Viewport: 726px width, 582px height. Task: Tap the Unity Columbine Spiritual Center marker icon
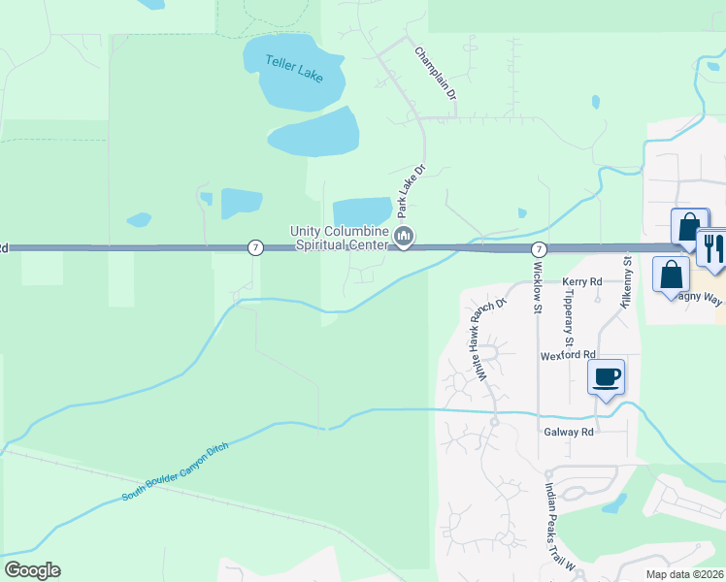(x=405, y=236)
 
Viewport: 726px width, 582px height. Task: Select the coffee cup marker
(x=607, y=376)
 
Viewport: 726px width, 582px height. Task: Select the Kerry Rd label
(x=582, y=281)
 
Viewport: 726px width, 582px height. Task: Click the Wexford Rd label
(x=568, y=356)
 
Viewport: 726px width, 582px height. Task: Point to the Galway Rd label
(x=568, y=433)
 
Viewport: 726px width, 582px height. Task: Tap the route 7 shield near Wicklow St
(x=538, y=249)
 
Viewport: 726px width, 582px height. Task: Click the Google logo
(x=32, y=570)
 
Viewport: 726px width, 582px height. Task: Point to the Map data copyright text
(x=684, y=574)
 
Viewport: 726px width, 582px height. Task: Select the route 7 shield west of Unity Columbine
(x=254, y=247)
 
